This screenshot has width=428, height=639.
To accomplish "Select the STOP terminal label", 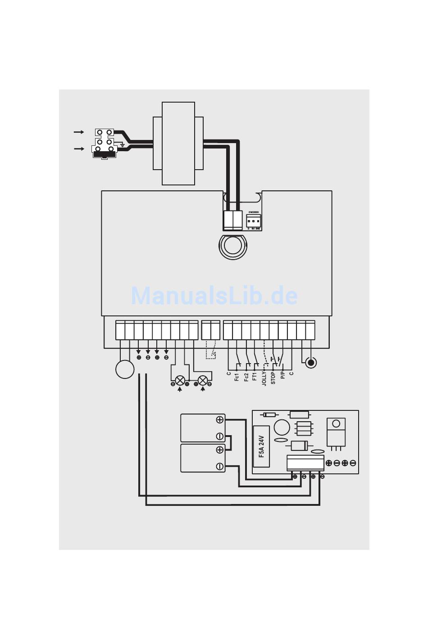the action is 273,378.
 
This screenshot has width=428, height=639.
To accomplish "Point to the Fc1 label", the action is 237,377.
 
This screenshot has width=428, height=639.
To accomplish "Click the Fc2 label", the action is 246,377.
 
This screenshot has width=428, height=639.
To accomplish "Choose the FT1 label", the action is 255,377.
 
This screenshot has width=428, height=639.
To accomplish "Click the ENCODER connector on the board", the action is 253,220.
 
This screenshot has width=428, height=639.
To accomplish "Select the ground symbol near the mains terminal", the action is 122,144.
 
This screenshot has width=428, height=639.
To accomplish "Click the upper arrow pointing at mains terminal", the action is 79,132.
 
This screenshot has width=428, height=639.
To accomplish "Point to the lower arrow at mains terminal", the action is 79,148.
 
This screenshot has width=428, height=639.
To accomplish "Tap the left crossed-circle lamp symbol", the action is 180,380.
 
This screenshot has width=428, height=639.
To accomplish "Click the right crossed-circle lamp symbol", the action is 203,380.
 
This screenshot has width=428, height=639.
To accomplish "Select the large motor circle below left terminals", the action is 125,369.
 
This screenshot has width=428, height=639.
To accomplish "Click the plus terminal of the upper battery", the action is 220,420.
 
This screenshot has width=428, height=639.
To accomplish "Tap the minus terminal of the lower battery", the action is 220,466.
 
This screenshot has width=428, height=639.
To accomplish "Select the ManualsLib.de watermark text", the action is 214,296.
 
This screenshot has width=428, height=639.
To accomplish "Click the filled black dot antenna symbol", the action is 310,362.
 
